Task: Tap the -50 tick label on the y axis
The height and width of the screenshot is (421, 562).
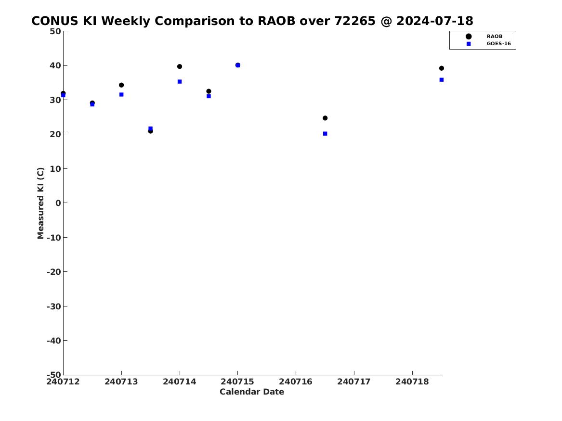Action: (x=54, y=375)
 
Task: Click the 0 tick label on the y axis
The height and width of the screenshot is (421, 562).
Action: (x=58, y=203)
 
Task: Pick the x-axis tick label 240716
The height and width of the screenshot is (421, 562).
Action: (x=296, y=382)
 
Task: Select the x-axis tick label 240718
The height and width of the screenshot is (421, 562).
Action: (x=412, y=382)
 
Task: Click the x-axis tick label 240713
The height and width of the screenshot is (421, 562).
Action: (x=121, y=382)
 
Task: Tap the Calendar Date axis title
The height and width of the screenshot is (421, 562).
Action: (x=252, y=392)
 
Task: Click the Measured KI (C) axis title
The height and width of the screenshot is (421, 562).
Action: (x=40, y=203)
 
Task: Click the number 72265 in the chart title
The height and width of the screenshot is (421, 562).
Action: (x=355, y=21)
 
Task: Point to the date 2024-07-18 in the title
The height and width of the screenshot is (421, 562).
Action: (x=435, y=21)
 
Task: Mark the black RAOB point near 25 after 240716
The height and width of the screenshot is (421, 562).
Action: (x=325, y=118)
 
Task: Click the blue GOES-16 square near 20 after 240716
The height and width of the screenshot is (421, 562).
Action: (x=325, y=134)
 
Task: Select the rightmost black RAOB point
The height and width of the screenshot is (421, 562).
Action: (x=442, y=68)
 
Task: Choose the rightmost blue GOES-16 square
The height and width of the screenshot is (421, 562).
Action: (x=442, y=80)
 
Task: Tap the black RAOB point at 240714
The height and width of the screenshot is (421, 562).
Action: (x=180, y=66)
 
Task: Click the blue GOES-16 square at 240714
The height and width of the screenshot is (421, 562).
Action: (x=180, y=82)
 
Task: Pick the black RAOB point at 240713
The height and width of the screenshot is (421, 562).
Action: (x=121, y=85)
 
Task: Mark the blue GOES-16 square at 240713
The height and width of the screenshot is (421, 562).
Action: (x=121, y=94)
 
